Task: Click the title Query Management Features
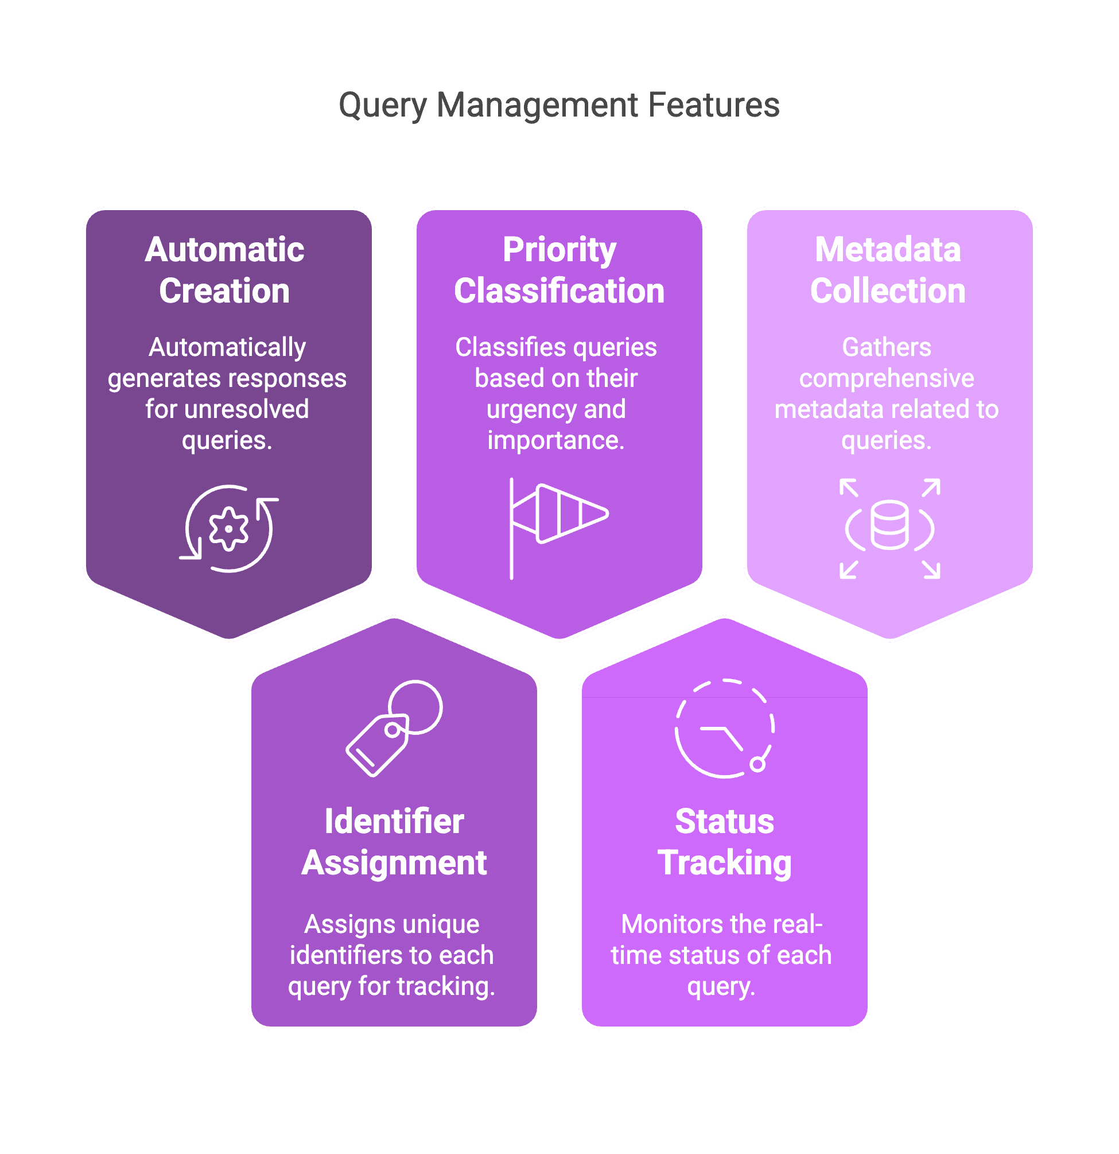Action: [x=559, y=106]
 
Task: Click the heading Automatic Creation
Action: [x=225, y=270]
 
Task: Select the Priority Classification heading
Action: [x=559, y=270]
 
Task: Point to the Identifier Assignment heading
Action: [x=394, y=842]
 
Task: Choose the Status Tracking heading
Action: [x=725, y=842]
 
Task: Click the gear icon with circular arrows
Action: [x=229, y=528]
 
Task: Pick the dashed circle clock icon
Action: [x=724, y=729]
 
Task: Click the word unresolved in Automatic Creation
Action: [x=247, y=409]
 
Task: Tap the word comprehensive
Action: [x=887, y=378]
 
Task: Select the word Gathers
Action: [x=887, y=347]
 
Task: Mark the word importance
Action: [x=555, y=440]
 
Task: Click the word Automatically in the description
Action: [x=227, y=347]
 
